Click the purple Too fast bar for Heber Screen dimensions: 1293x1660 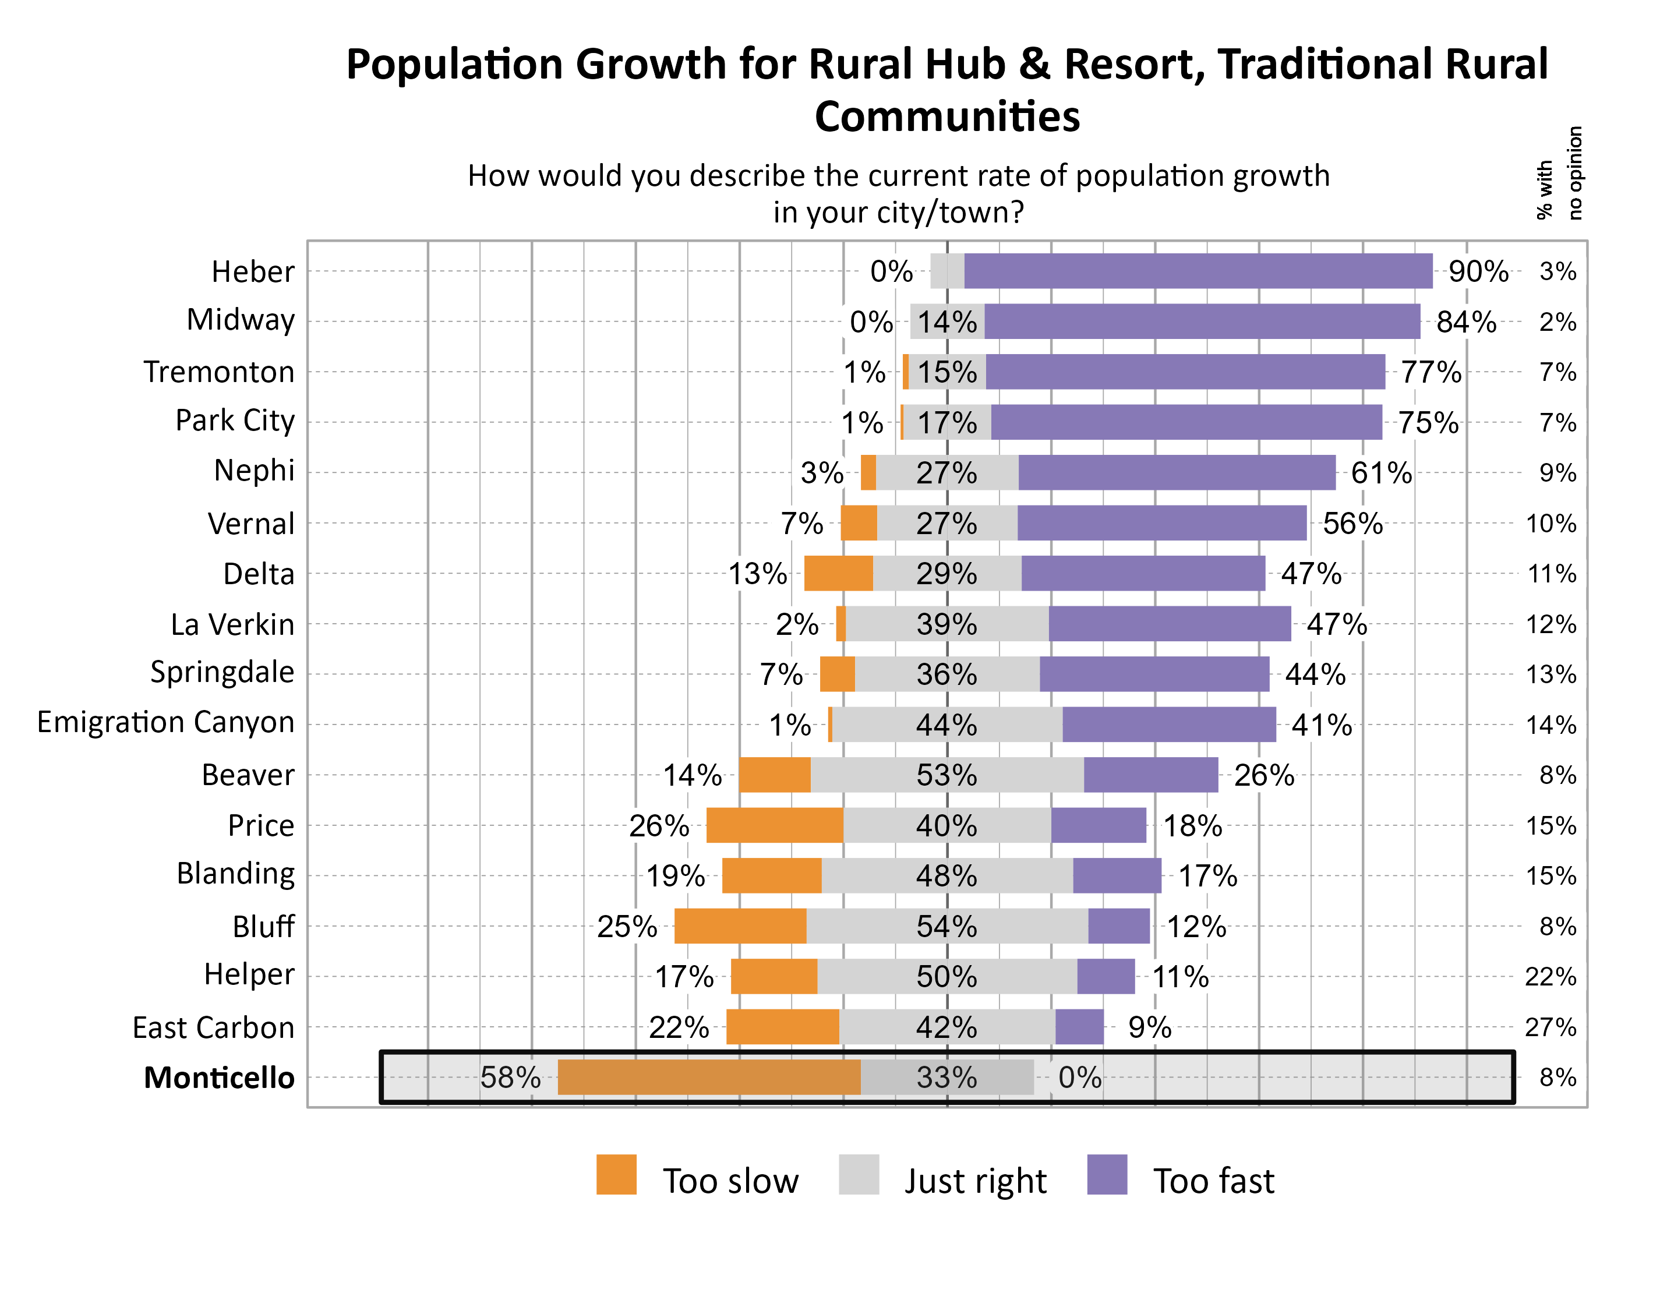click(1198, 271)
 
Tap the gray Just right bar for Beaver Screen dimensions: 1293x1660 click(946, 775)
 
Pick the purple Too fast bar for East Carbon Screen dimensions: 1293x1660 click(1079, 1027)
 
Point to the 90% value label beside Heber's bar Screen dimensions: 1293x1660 click(1478, 271)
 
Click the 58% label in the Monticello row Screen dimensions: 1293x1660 click(510, 1077)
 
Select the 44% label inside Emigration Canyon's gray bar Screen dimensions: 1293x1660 click(946, 725)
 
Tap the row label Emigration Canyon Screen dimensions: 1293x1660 click(165, 722)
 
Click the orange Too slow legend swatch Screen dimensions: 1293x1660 click(616, 1174)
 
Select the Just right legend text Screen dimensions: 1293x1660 click(975, 1181)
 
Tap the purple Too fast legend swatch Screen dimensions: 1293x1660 click(1107, 1174)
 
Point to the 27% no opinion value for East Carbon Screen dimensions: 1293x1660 click(1550, 1027)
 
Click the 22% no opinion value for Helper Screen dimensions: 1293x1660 click(1550, 977)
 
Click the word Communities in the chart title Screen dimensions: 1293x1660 click(946, 116)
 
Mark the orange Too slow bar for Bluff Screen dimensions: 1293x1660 click(740, 926)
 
